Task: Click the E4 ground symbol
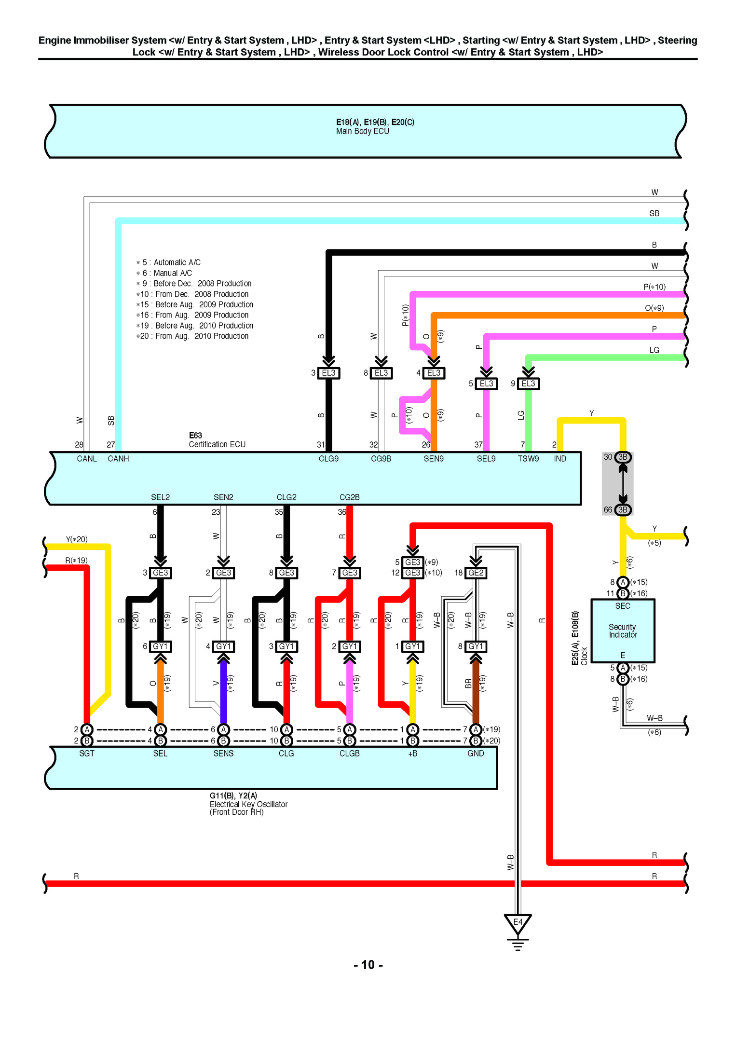tap(518, 923)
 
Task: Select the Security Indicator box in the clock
tap(623, 631)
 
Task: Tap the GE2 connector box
tap(476, 573)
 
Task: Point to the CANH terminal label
tap(118, 459)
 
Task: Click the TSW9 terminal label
tap(528, 459)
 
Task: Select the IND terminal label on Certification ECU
tap(559, 459)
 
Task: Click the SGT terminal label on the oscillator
tap(87, 754)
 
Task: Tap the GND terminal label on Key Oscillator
tap(476, 754)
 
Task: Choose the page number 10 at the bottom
tap(368, 965)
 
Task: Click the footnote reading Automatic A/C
tap(177, 262)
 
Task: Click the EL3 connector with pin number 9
tap(528, 384)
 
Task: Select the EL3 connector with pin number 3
tap(328, 373)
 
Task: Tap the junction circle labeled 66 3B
tap(623, 509)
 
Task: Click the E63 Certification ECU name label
tap(217, 440)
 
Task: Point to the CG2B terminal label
tap(349, 497)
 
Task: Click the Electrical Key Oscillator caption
tap(248, 804)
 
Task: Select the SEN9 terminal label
tap(433, 459)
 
